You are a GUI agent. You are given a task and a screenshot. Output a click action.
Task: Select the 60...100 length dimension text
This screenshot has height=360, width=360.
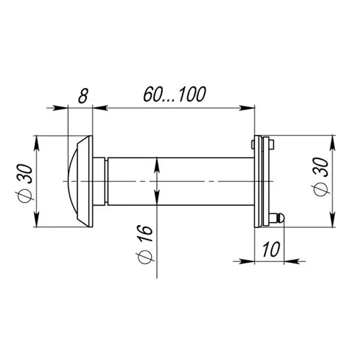[x=175, y=94]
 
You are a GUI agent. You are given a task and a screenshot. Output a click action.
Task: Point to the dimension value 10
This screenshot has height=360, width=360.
[x=271, y=249]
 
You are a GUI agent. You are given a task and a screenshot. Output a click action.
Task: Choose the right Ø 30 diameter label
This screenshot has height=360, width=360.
[x=322, y=177]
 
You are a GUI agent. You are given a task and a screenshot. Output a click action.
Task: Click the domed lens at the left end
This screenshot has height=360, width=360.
[x=73, y=181]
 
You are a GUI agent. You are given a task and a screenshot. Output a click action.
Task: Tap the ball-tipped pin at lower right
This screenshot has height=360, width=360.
[x=277, y=218]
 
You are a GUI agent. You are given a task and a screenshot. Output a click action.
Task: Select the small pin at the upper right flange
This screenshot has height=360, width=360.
[x=271, y=144]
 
